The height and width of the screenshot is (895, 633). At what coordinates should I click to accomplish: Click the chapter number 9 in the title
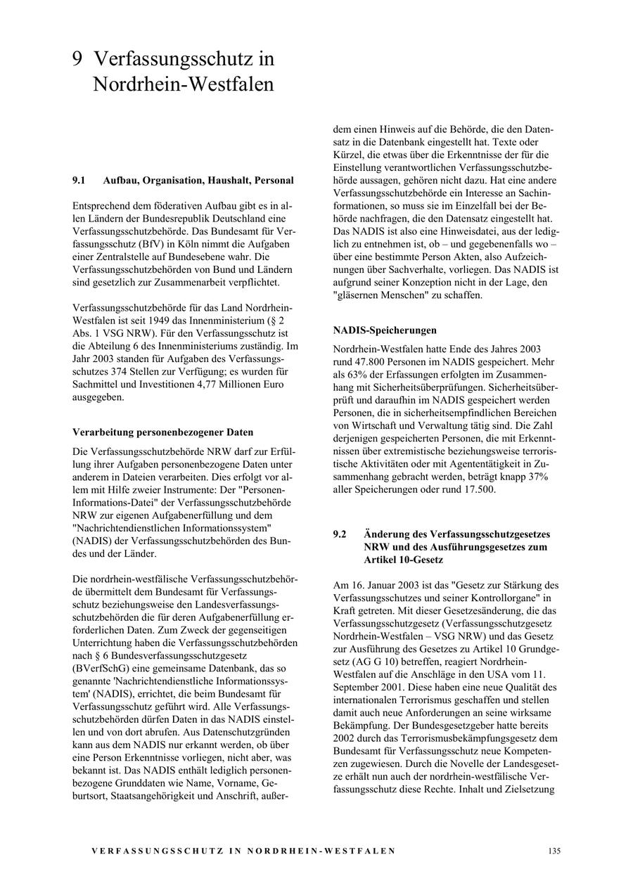pos(77,59)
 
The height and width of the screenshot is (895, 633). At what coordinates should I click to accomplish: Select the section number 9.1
pos(79,181)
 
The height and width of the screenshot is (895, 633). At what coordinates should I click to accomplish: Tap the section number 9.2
pos(340,534)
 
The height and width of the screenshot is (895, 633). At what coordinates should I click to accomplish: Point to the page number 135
pos(554,851)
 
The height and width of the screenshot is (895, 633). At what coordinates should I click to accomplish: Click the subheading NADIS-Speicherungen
pos(385,330)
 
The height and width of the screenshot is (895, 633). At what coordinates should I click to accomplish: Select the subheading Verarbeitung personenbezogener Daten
pos(162,432)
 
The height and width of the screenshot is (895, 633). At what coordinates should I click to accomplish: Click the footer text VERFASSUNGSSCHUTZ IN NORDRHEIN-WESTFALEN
pos(243,851)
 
